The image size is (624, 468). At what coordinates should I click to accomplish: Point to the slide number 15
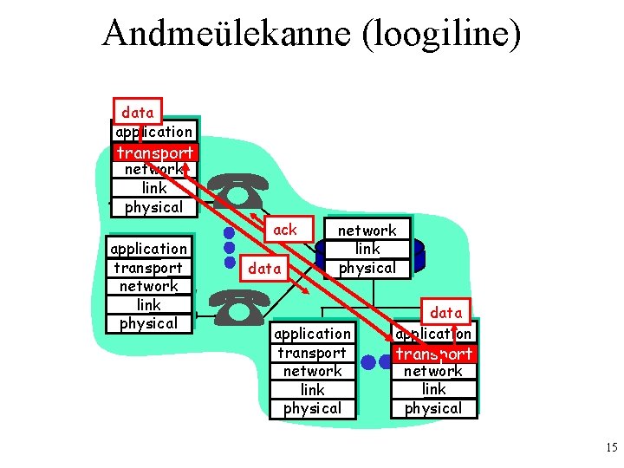[610, 448]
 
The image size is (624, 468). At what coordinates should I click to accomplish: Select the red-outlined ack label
[284, 230]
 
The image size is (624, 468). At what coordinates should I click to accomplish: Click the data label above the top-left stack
[138, 112]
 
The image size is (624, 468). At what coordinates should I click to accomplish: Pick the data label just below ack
[264, 269]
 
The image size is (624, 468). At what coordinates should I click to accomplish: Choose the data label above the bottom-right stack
[445, 312]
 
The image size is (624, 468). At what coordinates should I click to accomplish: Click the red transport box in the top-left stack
[155, 153]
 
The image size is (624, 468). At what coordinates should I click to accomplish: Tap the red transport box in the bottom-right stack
[433, 354]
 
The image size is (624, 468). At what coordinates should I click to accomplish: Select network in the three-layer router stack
[367, 231]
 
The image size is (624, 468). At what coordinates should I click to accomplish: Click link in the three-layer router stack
[367, 249]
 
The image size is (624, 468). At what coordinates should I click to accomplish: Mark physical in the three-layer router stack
[367, 268]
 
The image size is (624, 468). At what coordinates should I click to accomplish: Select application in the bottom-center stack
[312, 334]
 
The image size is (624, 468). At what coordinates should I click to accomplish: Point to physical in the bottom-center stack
[312, 408]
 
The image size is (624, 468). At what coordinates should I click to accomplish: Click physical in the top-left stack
[154, 207]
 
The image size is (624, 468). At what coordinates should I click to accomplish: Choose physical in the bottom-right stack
[433, 408]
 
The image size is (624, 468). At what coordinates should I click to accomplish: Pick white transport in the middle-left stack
[148, 268]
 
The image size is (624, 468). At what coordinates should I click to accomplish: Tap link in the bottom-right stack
[433, 389]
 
